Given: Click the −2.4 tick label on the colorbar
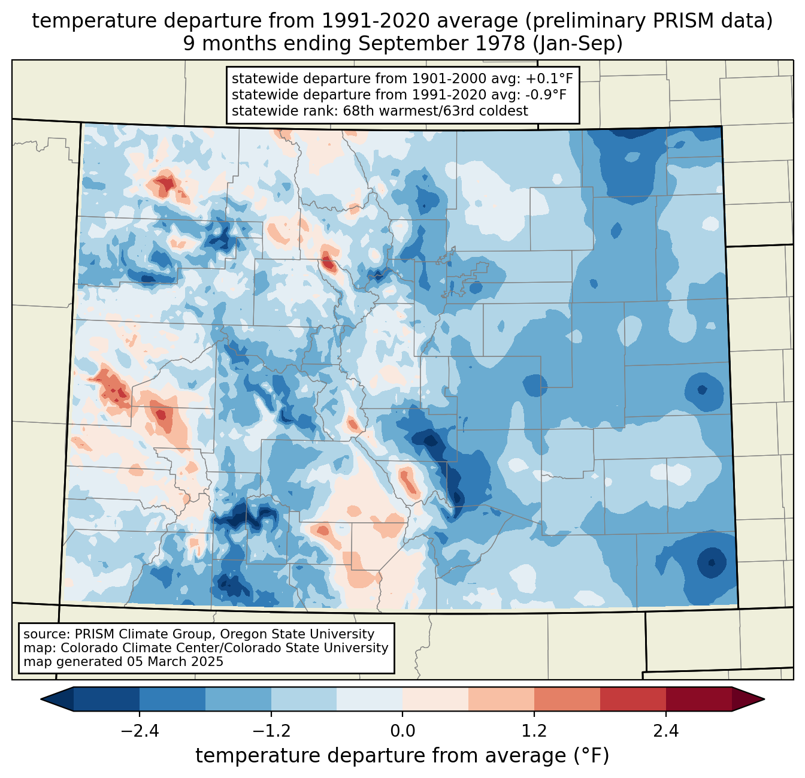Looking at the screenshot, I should (139, 731).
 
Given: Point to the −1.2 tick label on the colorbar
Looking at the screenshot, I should (271, 731).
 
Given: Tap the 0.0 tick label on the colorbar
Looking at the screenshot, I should (402, 731).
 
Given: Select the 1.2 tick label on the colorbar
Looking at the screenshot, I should (534, 731).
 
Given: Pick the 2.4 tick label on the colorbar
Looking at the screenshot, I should (666, 731).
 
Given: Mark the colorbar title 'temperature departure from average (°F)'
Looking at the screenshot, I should (402, 756).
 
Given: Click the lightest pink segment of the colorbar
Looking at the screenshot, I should (435, 699).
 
